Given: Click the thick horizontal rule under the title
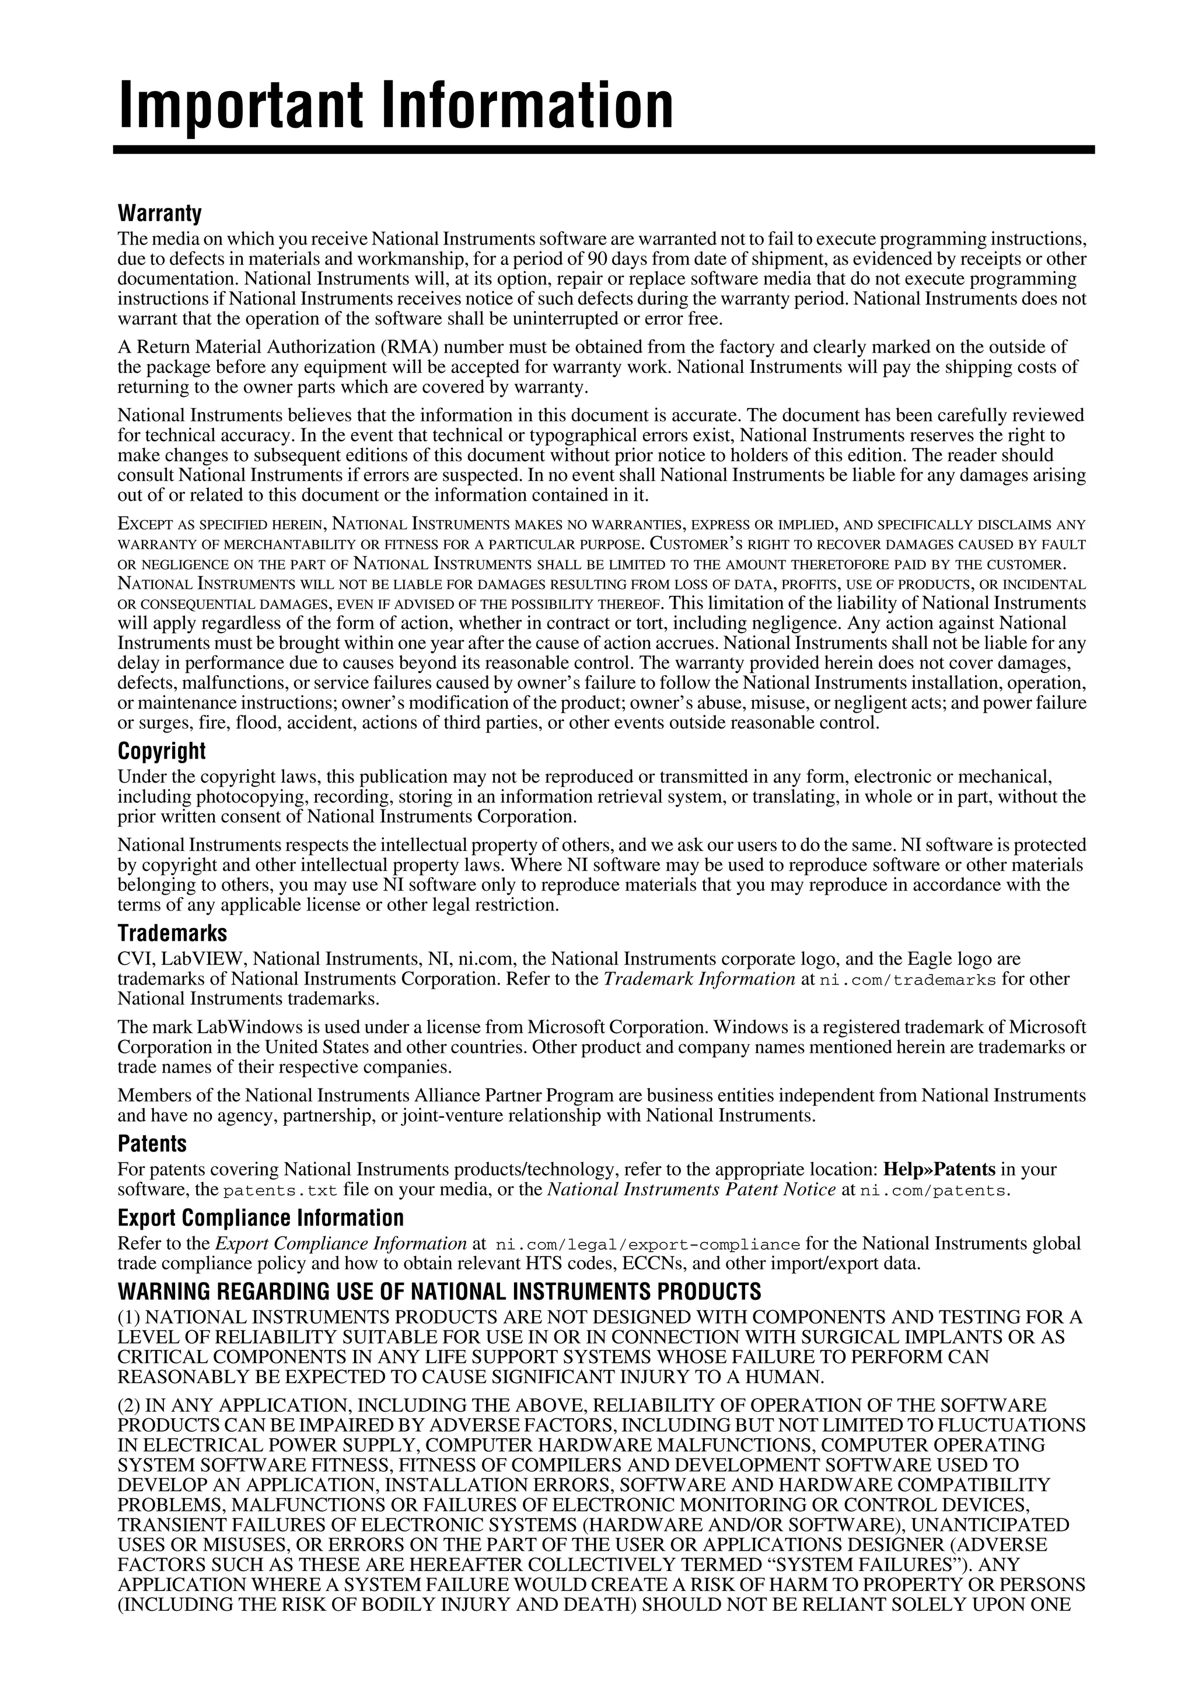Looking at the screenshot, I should (x=603, y=150).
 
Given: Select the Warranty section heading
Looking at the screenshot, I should (x=159, y=214).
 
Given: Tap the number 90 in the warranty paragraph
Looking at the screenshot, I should (x=598, y=259).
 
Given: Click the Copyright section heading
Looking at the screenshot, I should (x=162, y=751).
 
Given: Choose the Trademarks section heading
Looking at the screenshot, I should (x=172, y=934).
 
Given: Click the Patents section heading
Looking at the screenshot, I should (x=152, y=1144).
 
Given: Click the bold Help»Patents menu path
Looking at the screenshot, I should (x=939, y=1170).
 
